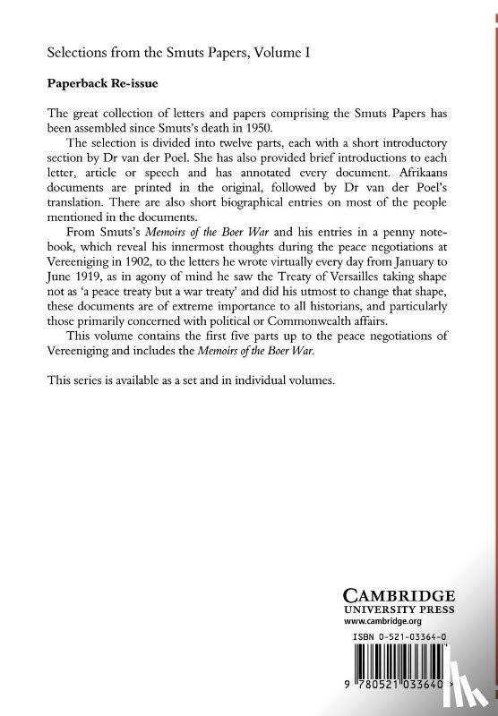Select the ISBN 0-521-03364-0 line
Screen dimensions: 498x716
tap(399, 637)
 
